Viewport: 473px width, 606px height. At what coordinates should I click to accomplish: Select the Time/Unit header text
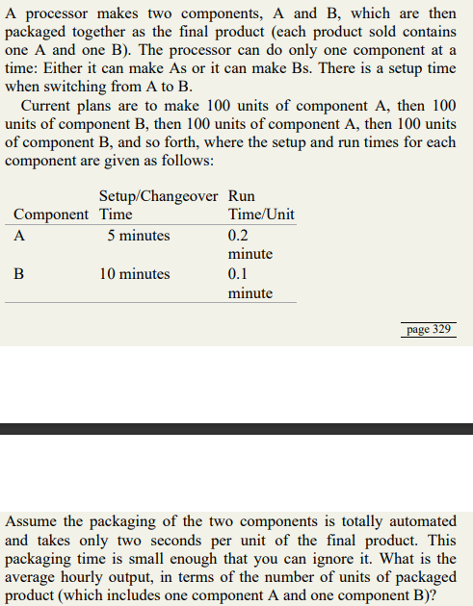point(261,214)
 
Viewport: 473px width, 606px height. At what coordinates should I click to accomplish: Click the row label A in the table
point(19,236)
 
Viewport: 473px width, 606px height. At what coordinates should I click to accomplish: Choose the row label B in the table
point(19,274)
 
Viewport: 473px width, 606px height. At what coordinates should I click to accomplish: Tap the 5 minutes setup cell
point(138,236)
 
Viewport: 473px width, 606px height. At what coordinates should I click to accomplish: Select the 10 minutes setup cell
point(135,274)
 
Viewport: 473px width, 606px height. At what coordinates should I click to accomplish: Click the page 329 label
point(429,329)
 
